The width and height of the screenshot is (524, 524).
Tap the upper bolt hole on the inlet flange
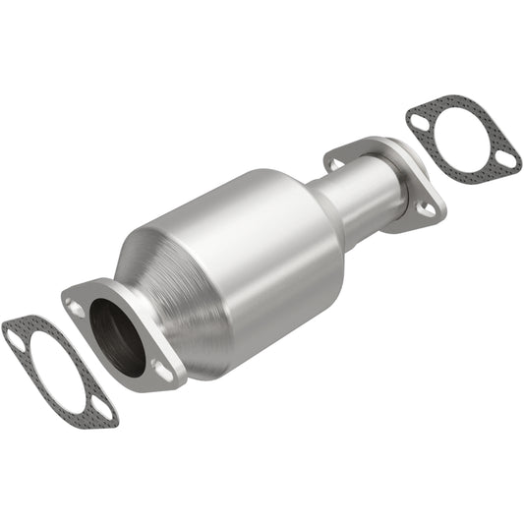click(x=78, y=307)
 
